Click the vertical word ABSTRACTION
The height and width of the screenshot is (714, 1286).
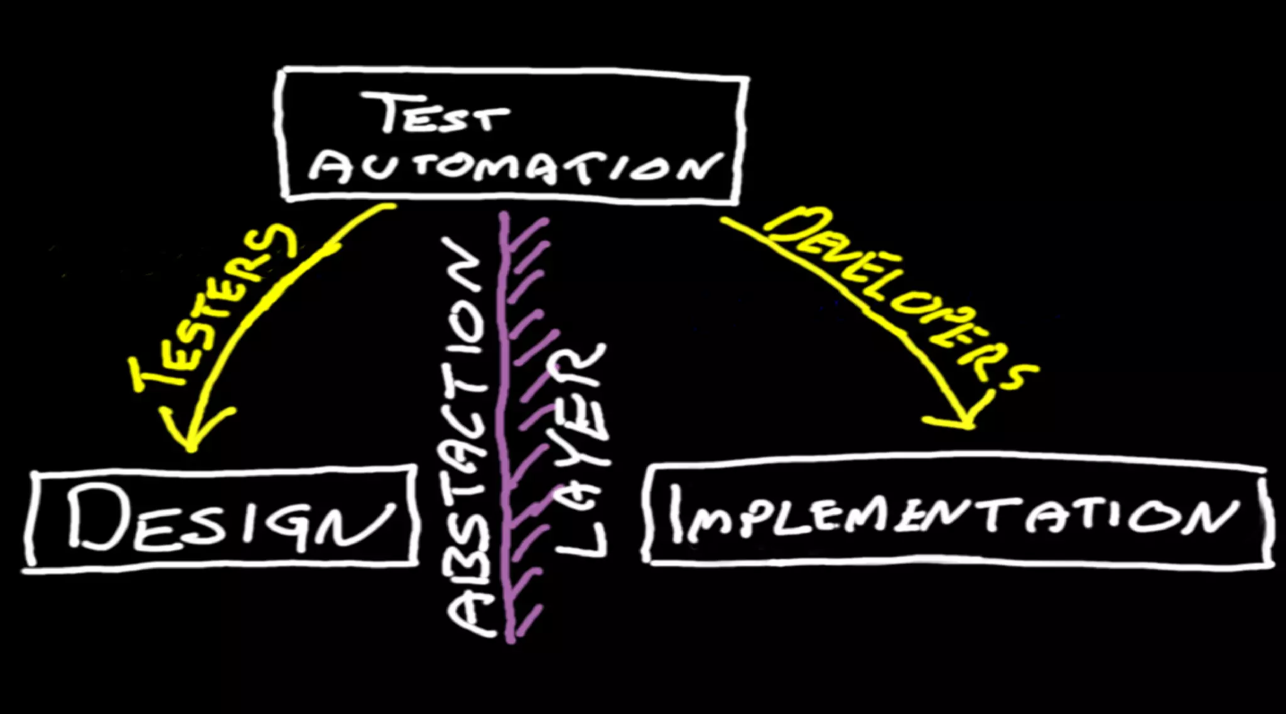point(468,440)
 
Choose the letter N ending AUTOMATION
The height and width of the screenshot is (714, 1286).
point(700,167)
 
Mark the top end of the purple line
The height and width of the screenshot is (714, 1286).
point(503,217)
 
